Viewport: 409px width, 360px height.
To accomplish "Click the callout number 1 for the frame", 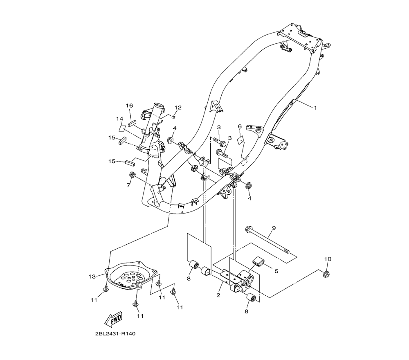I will [x=315, y=108].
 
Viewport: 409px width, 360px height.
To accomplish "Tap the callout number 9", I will [x=274, y=228].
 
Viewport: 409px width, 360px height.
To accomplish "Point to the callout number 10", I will [x=328, y=259].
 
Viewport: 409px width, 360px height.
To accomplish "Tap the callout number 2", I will [x=218, y=295].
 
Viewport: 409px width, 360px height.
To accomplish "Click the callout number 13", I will [x=93, y=277].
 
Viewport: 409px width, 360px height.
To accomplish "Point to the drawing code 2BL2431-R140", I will [x=115, y=334].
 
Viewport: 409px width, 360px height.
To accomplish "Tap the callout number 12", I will [x=178, y=108].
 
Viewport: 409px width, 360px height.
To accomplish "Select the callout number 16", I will [x=129, y=106].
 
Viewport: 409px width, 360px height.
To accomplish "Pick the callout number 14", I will [x=119, y=119].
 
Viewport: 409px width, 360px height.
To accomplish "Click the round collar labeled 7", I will [x=132, y=176].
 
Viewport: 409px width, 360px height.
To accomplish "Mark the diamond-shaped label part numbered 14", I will [x=122, y=128].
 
